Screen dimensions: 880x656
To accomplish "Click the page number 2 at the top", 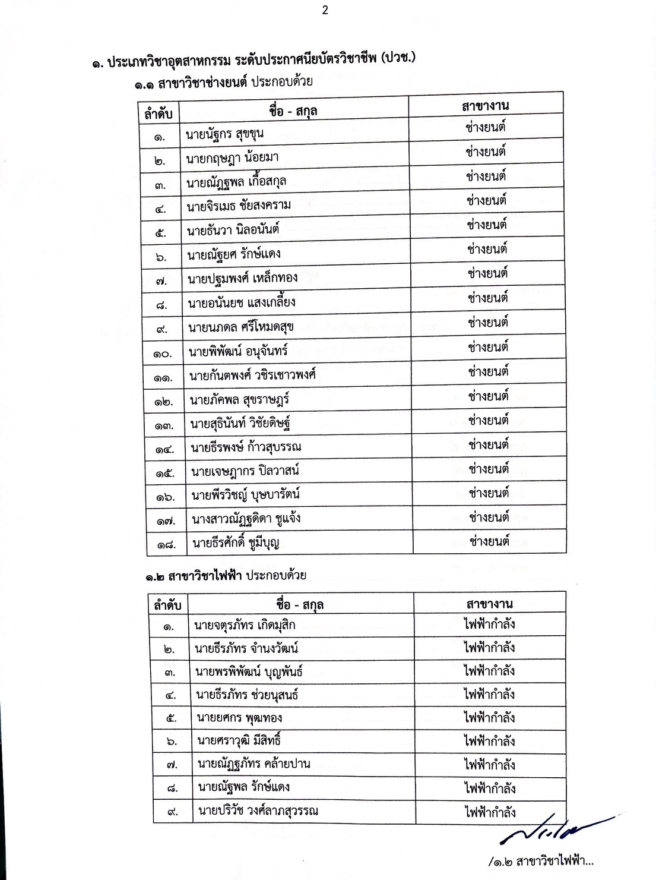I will (325, 10).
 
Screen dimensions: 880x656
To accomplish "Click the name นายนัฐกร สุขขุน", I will (224, 134).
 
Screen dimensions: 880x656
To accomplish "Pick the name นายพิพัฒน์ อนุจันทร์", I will (238, 351).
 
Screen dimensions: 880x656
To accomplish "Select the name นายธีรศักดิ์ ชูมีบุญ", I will (236, 542).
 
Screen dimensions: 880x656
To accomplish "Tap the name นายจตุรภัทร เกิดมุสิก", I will (245, 625).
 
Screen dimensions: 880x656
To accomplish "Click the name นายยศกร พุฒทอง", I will (239, 718).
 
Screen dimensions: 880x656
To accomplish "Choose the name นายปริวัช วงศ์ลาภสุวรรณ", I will (258, 811).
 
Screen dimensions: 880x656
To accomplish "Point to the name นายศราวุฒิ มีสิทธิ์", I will (239, 741).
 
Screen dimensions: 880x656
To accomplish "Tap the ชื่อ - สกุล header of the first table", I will (293, 111).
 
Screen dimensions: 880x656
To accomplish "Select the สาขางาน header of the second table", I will (489, 604).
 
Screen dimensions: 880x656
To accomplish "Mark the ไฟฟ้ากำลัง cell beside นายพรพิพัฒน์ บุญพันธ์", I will (489, 671).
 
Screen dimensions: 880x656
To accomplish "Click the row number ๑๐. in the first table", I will (162, 354).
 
